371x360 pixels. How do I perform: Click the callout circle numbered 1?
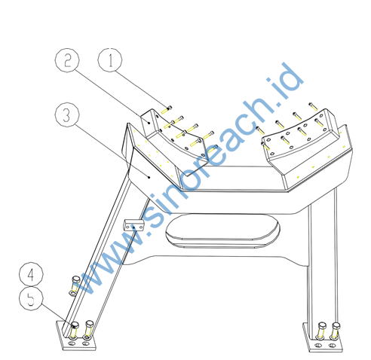[x=110, y=60]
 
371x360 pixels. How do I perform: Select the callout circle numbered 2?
[x=67, y=60]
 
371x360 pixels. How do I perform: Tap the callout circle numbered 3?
[x=67, y=114]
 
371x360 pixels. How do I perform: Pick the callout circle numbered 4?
[x=31, y=274]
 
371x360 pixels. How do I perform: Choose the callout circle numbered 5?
[x=31, y=299]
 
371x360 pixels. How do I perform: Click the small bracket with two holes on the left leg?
[x=133, y=225]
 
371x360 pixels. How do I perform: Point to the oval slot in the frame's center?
[x=222, y=230]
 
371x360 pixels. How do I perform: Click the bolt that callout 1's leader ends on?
[x=167, y=109]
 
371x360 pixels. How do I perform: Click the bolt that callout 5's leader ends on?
[x=75, y=329]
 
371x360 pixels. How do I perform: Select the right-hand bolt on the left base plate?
[x=89, y=328]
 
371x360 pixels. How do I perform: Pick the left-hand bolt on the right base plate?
[x=321, y=330]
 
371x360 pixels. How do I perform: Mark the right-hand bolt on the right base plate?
[x=336, y=331]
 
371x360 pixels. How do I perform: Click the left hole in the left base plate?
[x=72, y=343]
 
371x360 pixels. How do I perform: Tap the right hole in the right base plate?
[x=333, y=346]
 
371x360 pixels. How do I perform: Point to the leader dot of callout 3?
[x=149, y=177]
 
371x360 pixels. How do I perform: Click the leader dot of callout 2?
[x=149, y=123]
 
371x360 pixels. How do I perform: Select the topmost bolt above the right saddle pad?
[x=313, y=106]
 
